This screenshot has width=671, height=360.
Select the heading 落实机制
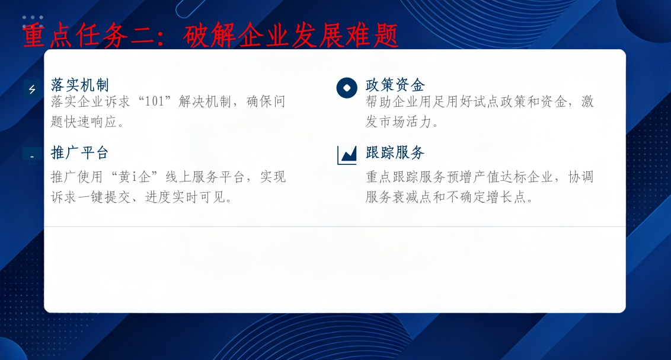click(x=80, y=85)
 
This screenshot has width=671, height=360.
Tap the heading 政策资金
click(x=395, y=85)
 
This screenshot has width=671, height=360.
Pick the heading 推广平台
click(x=80, y=153)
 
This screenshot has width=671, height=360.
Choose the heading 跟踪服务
click(x=395, y=153)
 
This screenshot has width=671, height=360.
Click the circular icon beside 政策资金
click(x=347, y=88)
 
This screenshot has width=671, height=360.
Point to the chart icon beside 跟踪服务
click(x=347, y=155)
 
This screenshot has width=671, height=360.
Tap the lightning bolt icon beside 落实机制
click(x=32, y=89)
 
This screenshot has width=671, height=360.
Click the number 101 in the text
click(x=155, y=102)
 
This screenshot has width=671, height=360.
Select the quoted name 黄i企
click(x=134, y=177)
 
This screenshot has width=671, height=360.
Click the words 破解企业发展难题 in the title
click(x=291, y=36)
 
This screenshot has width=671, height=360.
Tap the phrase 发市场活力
click(x=398, y=122)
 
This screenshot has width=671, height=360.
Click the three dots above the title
click(x=33, y=18)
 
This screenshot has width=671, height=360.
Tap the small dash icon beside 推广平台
click(x=32, y=157)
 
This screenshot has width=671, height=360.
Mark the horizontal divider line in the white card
click(x=335, y=226)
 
